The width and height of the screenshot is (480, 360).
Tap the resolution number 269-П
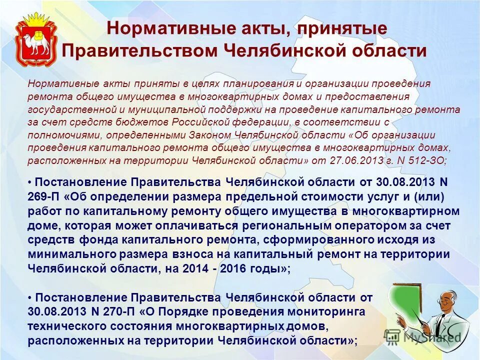(x=46, y=195)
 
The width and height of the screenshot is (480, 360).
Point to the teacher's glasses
(x=444, y=301)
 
